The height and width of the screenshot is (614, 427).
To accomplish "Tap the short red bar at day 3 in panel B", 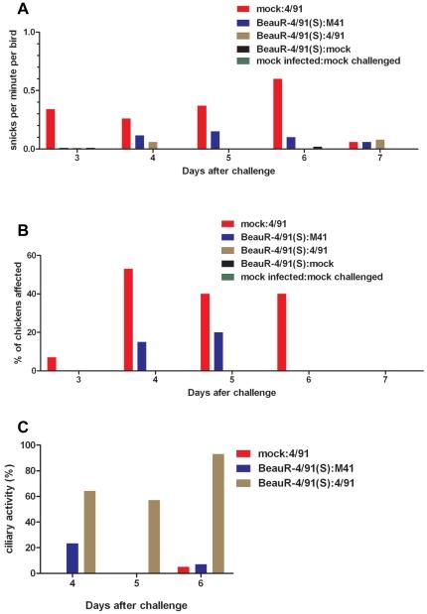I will click(x=52, y=364).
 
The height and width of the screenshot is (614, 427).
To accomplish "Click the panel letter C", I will click(x=11, y=430).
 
